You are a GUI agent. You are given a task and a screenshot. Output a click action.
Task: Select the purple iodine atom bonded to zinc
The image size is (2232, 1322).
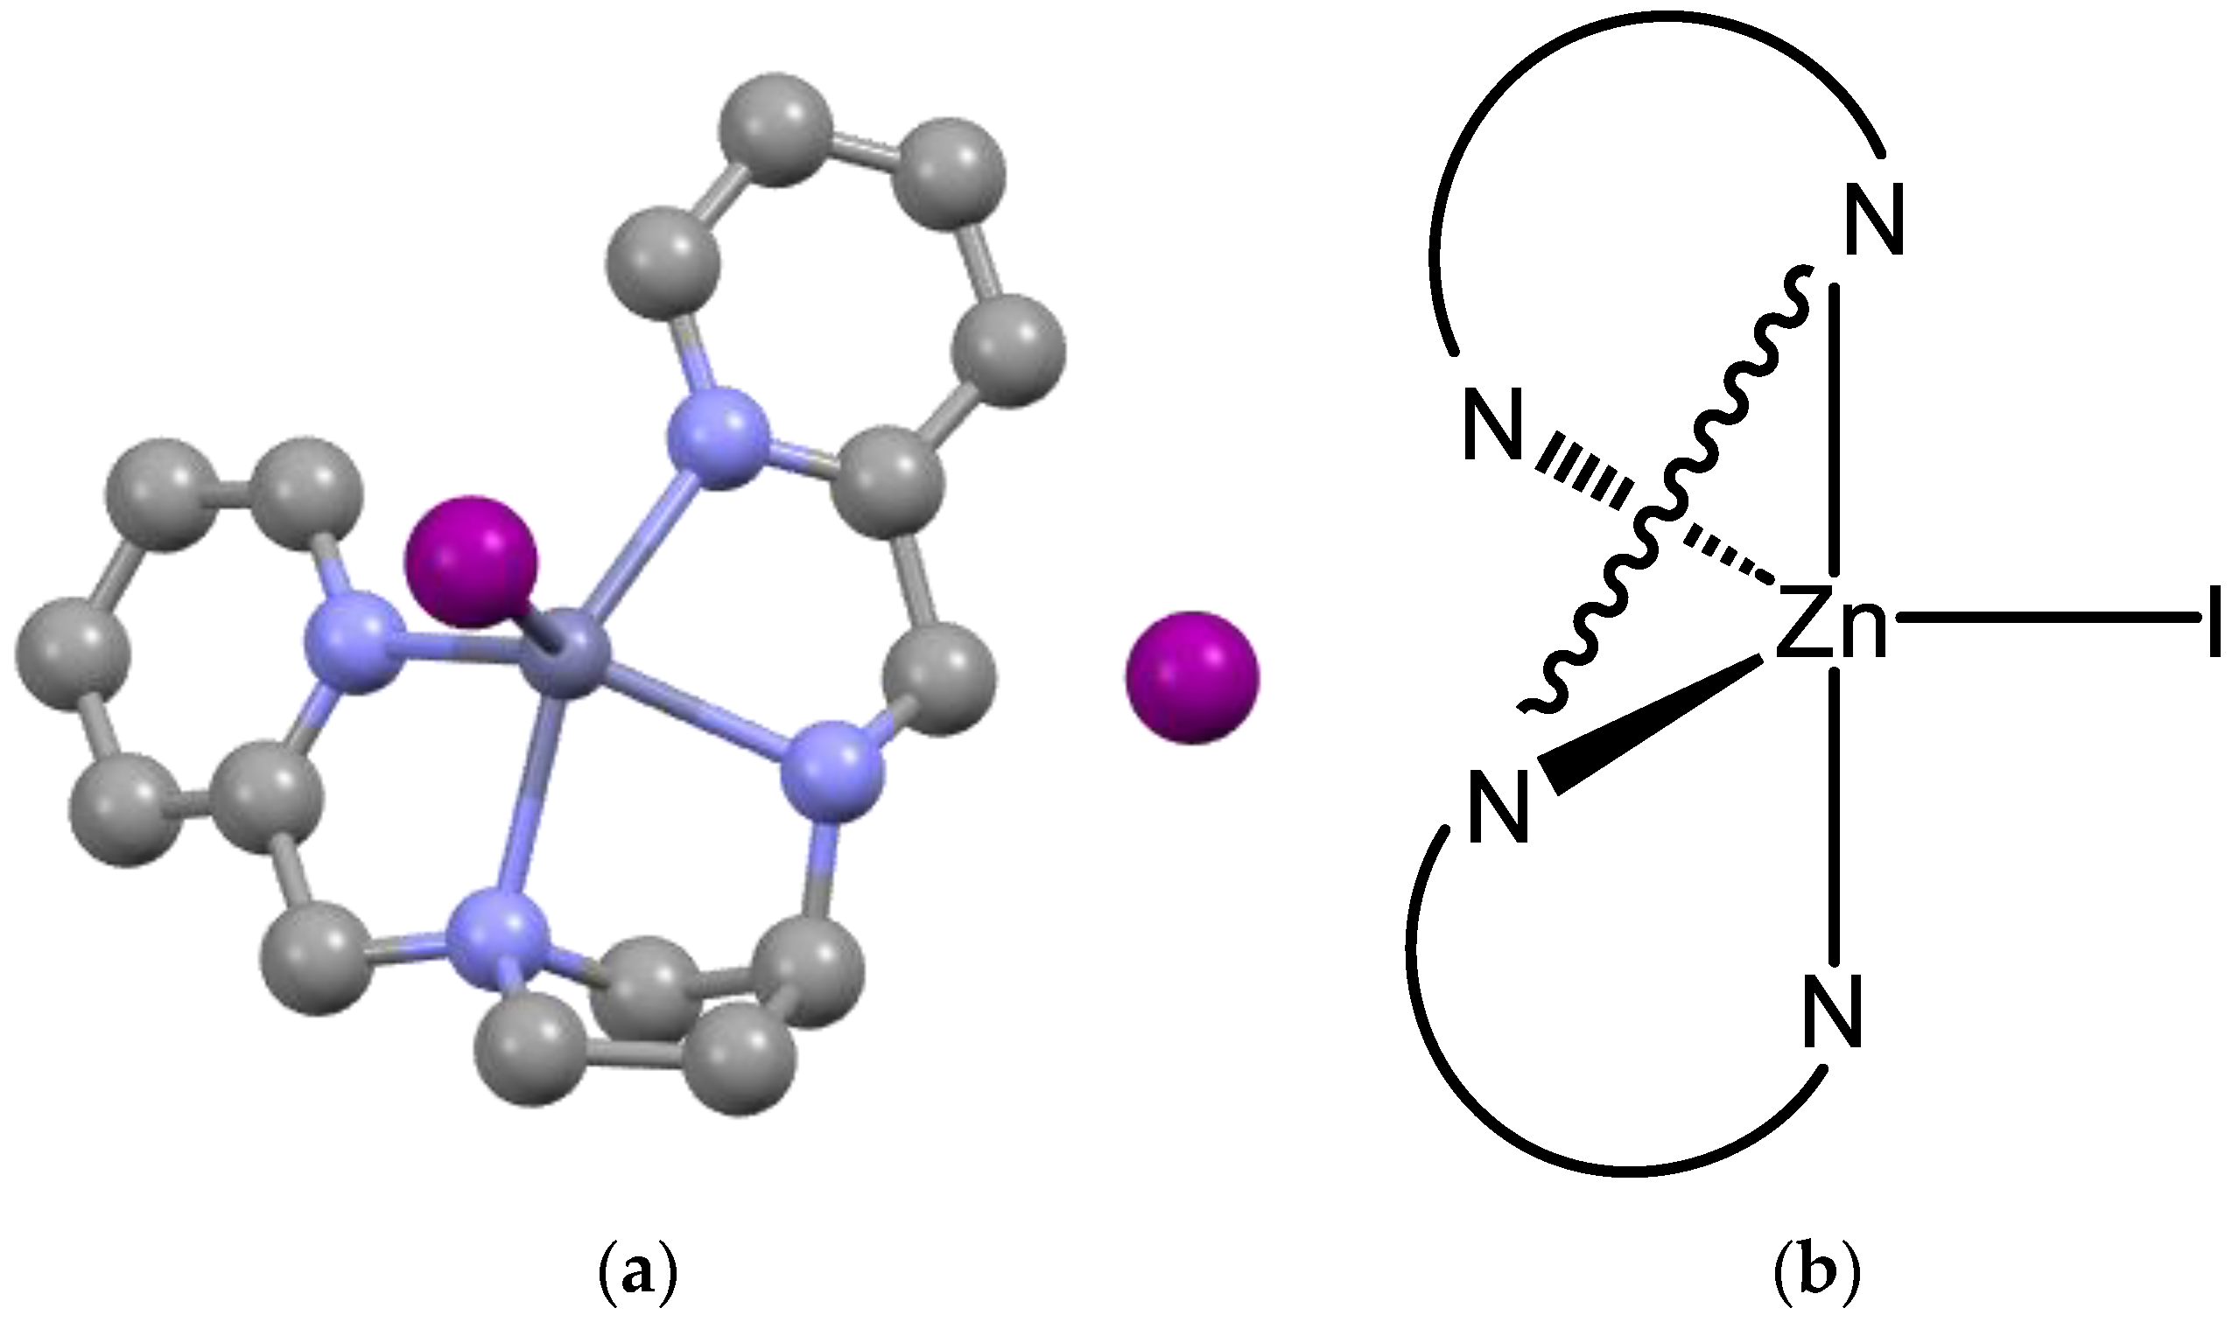coord(470,561)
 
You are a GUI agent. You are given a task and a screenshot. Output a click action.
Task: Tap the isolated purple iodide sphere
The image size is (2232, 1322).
coord(1192,677)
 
